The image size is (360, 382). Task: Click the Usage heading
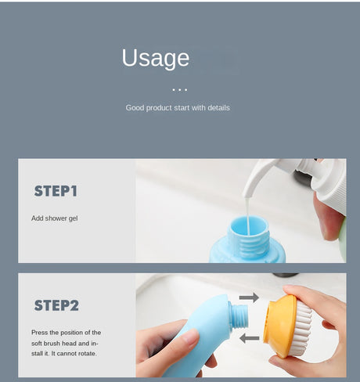coord(156,59)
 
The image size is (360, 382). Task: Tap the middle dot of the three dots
coord(180,90)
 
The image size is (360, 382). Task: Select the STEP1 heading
coord(56,191)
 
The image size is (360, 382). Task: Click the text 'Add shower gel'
coord(55,218)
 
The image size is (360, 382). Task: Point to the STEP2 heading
coord(56,305)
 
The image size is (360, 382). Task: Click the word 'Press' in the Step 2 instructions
coord(39,333)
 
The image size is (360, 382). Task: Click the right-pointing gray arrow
coord(249,297)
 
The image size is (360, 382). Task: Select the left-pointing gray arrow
coord(249,338)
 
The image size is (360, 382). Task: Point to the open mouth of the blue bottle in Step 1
coord(248,225)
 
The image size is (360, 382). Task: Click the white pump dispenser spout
coord(258,177)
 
